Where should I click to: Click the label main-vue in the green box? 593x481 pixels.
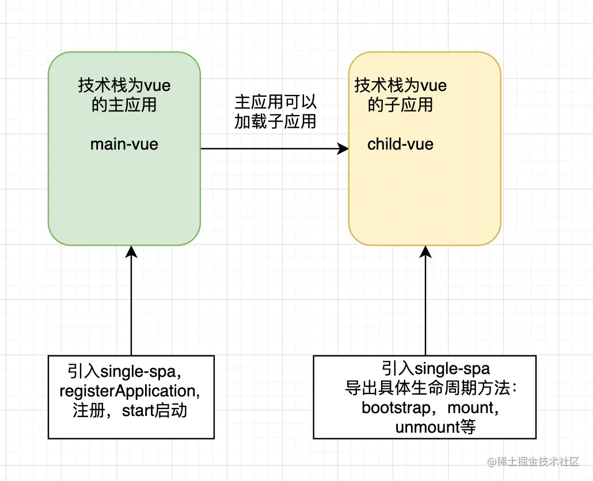point(124,144)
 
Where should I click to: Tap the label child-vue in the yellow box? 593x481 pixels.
point(400,144)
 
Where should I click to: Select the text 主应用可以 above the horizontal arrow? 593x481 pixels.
point(275,102)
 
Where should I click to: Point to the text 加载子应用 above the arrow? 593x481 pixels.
point(275,121)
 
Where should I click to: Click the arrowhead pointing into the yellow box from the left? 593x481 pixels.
point(344,149)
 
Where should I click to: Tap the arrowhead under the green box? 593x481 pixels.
point(132,251)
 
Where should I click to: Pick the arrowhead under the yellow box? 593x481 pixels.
point(425,251)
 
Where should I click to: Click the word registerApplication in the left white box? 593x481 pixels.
point(130,391)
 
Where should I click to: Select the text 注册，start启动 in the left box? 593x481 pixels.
point(130,411)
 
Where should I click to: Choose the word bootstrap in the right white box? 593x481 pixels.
point(396,407)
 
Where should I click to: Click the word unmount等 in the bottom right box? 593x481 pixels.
point(435,427)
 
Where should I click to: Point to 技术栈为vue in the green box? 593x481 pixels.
point(124,86)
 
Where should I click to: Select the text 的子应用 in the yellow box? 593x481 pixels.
point(400,105)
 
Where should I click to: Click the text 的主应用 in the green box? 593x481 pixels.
point(124,105)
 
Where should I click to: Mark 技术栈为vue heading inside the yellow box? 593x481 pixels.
point(400,86)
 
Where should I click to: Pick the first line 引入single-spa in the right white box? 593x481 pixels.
point(435,368)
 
